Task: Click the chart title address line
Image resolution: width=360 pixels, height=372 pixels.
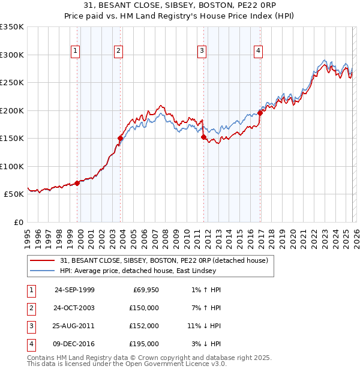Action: tap(180, 5)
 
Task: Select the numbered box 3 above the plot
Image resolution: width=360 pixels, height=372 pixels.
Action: tap(203, 52)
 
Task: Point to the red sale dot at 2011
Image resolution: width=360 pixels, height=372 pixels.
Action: tap(203, 137)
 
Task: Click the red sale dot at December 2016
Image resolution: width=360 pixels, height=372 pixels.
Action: tap(260, 113)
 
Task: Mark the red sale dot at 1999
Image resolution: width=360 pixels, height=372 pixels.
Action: tap(77, 183)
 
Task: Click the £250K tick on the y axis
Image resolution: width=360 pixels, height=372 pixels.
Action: tap(12, 83)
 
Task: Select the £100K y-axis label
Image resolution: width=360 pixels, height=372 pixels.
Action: tap(12, 166)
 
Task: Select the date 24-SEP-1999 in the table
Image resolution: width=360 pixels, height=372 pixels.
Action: tap(74, 290)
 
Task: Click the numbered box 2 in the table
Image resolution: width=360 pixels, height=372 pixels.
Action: tap(30, 308)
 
